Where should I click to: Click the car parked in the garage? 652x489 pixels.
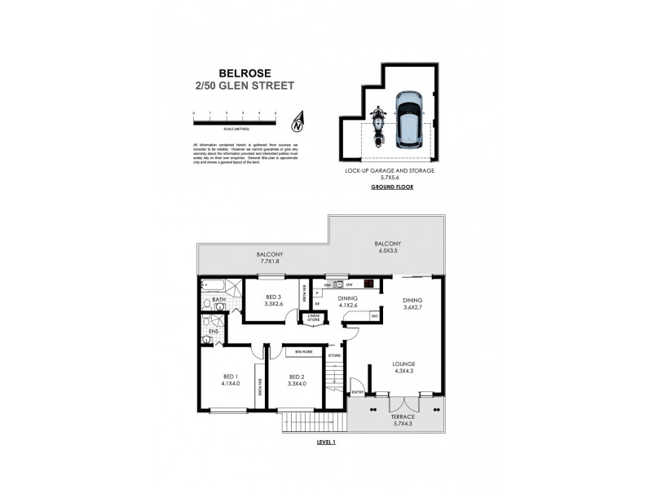pos(408,119)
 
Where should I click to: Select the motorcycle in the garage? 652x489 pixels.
pos(377,126)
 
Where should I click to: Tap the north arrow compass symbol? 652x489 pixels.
pos(297,122)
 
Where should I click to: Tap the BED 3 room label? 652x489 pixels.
pos(273,300)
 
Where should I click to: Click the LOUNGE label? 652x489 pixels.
pos(403,368)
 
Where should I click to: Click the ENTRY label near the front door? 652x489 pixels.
pos(356,392)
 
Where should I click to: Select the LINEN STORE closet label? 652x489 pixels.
pos(314,319)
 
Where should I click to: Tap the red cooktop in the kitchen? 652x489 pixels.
pos(369,284)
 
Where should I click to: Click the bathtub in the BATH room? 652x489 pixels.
pos(214,285)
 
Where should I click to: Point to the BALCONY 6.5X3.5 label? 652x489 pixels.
pos(387,248)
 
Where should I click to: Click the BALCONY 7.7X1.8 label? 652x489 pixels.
pos(262,257)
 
